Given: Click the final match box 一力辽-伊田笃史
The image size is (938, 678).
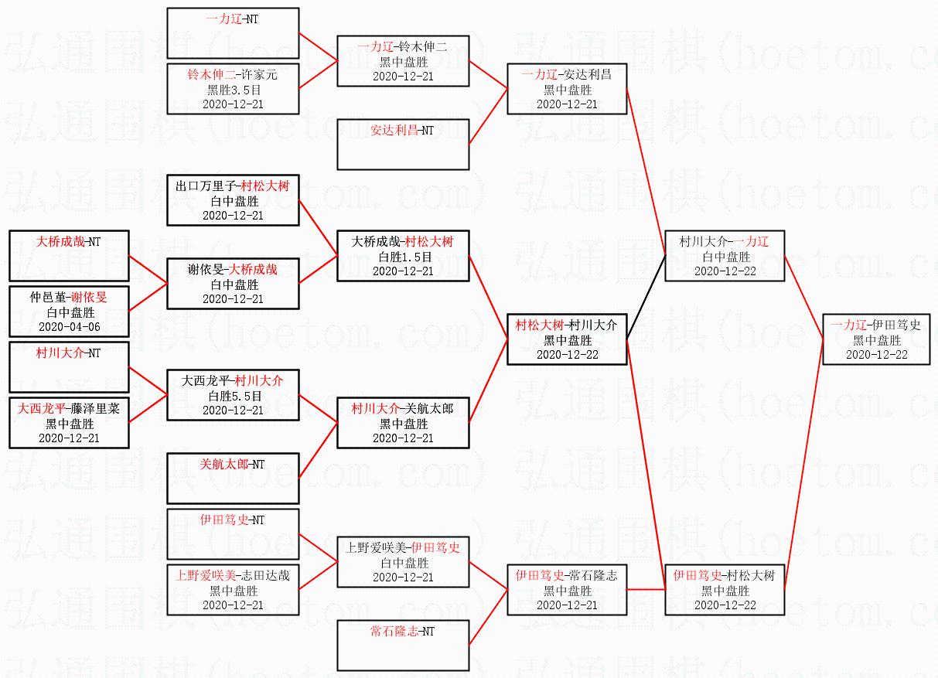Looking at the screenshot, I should tap(876, 339).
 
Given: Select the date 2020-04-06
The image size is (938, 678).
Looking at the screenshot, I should tap(70, 327).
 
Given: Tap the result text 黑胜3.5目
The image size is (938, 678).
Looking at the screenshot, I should tap(233, 89).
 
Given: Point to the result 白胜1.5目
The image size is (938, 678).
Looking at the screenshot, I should tap(403, 257).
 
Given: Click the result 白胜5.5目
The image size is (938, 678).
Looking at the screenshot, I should tap(233, 396).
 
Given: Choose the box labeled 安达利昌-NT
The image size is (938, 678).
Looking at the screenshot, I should tap(403, 144).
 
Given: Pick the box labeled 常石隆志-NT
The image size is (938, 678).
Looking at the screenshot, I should tap(403, 645).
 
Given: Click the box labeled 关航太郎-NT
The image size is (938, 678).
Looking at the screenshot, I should tap(233, 478).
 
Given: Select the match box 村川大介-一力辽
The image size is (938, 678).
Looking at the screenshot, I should tap(725, 256).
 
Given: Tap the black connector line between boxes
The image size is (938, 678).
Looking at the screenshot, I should tap(646, 298).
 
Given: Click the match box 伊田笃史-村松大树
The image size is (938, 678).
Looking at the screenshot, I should tap(725, 590).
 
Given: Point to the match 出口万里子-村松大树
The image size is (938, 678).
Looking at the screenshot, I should tap(233, 200).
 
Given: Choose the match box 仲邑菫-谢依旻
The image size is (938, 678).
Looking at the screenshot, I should tap(70, 312).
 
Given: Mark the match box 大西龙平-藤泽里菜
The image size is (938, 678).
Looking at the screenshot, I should tap(70, 423).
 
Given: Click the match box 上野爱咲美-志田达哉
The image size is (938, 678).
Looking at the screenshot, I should tap(233, 590).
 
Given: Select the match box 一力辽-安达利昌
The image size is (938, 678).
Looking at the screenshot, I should tap(567, 89).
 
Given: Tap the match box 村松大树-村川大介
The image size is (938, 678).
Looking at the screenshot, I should tap(567, 339).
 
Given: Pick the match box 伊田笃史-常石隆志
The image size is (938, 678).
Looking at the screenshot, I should tap(567, 590).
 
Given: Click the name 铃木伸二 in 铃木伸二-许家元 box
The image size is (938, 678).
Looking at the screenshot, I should tap(211, 75).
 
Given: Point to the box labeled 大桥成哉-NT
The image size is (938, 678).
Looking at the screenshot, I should tap(70, 256).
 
